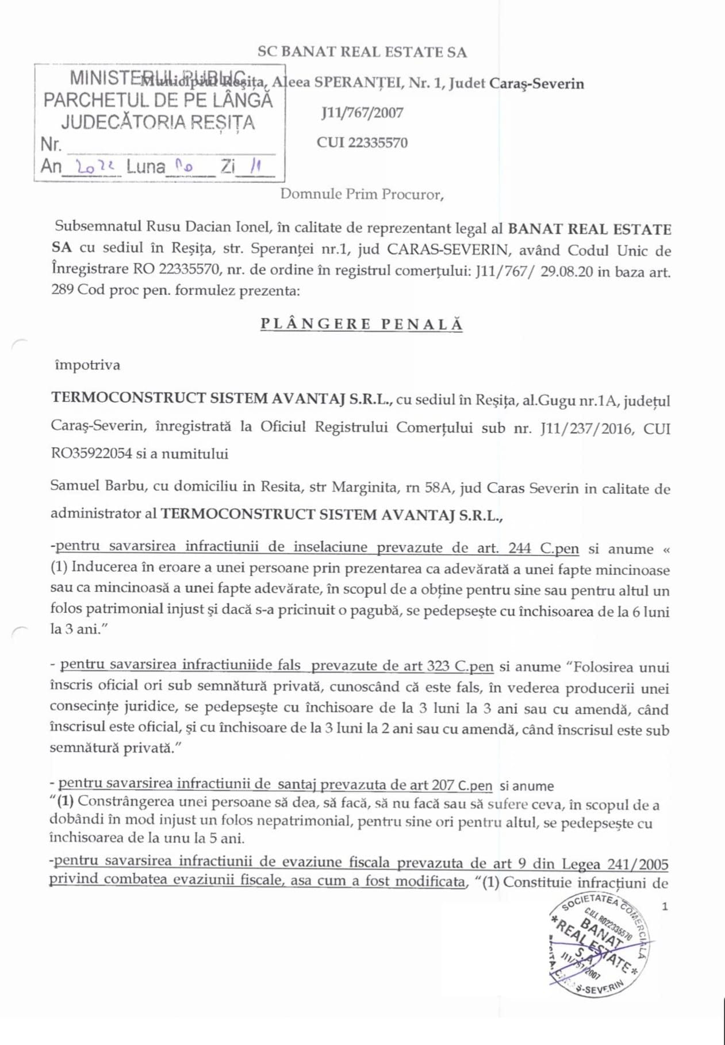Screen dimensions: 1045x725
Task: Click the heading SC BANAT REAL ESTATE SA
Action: (362, 52)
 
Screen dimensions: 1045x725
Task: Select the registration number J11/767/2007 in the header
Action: (362, 113)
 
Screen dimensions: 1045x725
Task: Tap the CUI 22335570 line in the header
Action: (362, 143)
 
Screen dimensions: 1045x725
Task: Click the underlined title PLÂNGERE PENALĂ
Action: (362, 324)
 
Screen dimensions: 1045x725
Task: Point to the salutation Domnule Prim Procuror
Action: (362, 194)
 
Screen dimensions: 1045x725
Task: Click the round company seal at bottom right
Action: (599, 944)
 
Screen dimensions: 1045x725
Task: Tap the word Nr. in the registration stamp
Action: (51, 144)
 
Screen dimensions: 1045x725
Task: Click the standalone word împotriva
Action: (87, 365)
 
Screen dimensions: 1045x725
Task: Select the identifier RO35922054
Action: (91, 454)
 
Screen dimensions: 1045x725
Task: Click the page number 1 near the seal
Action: (665, 907)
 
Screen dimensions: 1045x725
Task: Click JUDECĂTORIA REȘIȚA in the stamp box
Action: (158, 122)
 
